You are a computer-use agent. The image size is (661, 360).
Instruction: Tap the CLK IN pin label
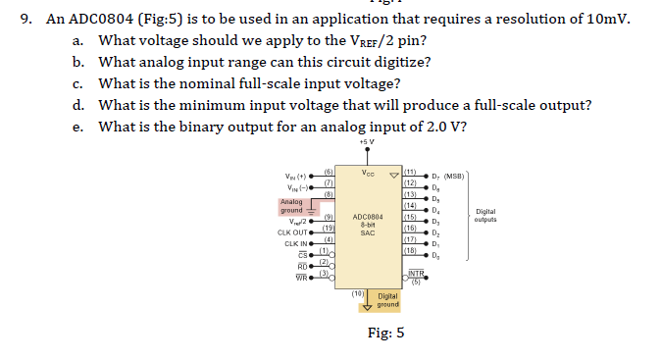(296, 242)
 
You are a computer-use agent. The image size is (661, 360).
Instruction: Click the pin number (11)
(411, 171)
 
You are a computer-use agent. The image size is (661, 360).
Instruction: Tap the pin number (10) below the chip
(359, 292)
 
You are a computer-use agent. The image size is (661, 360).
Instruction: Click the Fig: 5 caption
(385, 333)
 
